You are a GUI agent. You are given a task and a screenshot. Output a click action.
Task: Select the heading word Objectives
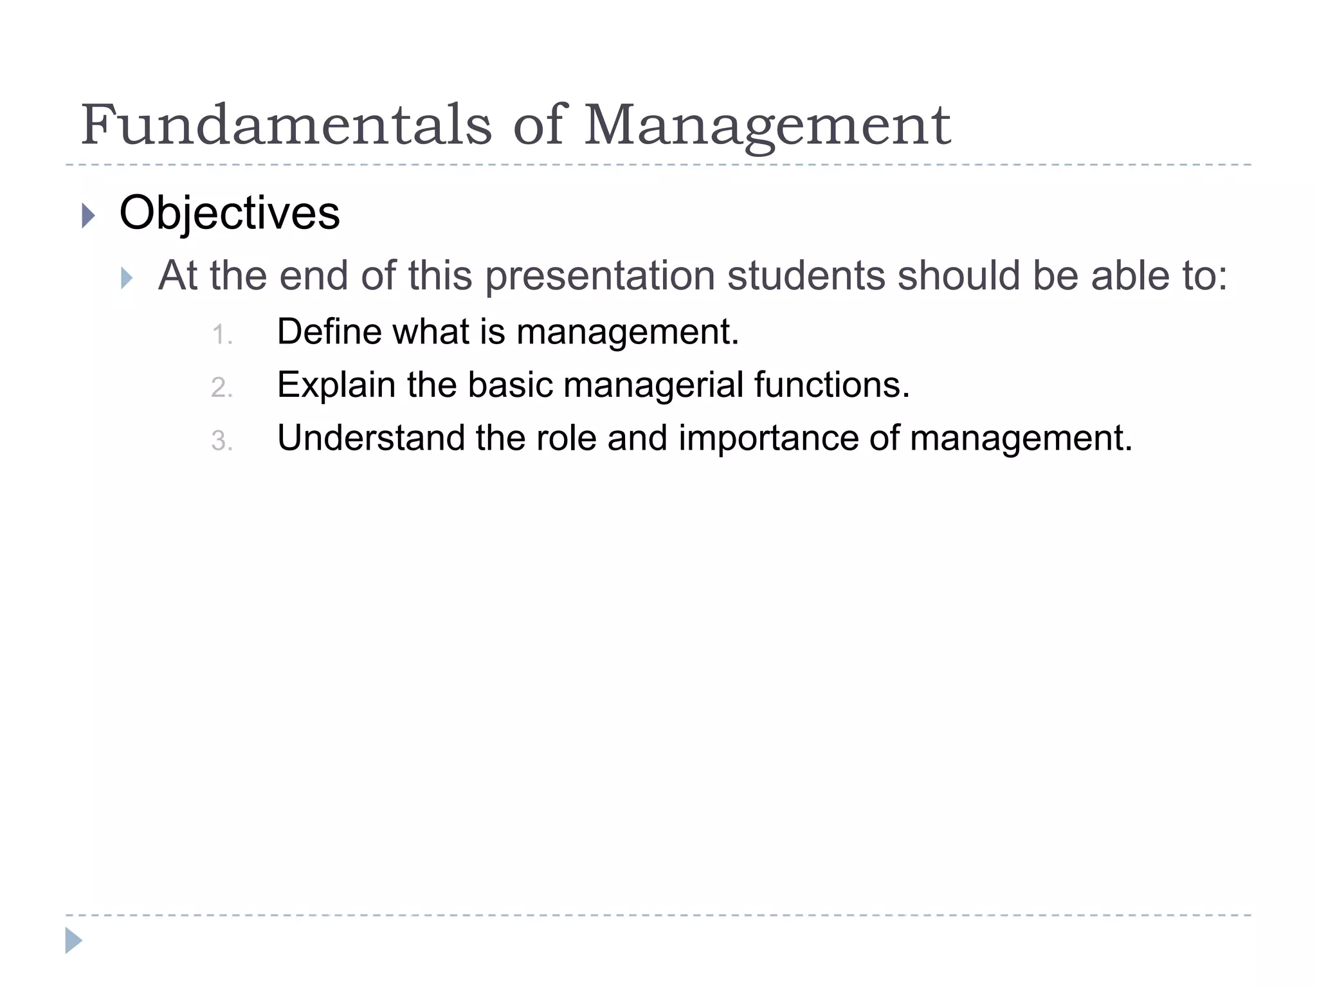(230, 213)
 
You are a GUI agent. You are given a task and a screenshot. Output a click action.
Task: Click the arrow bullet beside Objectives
(89, 215)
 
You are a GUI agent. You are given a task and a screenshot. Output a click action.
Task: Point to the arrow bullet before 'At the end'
(127, 279)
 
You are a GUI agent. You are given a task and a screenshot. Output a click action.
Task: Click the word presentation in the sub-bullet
(599, 276)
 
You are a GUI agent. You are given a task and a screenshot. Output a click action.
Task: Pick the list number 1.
(221, 335)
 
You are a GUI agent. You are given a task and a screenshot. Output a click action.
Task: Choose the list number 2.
(221, 388)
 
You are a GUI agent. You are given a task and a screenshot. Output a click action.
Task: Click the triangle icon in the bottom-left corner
(73, 940)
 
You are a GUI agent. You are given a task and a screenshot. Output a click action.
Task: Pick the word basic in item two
(510, 385)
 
